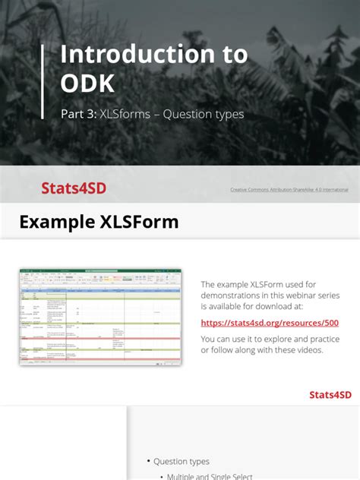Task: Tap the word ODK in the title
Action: [87, 81]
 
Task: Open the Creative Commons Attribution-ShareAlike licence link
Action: [289, 189]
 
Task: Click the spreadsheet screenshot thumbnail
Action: [100, 316]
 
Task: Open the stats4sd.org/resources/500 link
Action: [270, 323]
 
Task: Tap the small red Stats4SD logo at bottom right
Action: [330, 394]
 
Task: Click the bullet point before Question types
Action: [148, 462]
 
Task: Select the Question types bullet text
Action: [182, 461]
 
